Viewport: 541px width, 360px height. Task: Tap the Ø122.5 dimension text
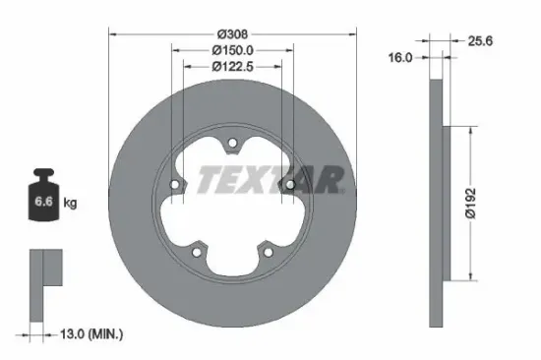click(228, 66)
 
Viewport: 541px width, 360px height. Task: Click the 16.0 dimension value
click(399, 58)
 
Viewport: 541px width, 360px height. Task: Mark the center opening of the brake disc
click(228, 205)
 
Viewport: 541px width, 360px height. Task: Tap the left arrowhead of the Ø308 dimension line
click(110, 33)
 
